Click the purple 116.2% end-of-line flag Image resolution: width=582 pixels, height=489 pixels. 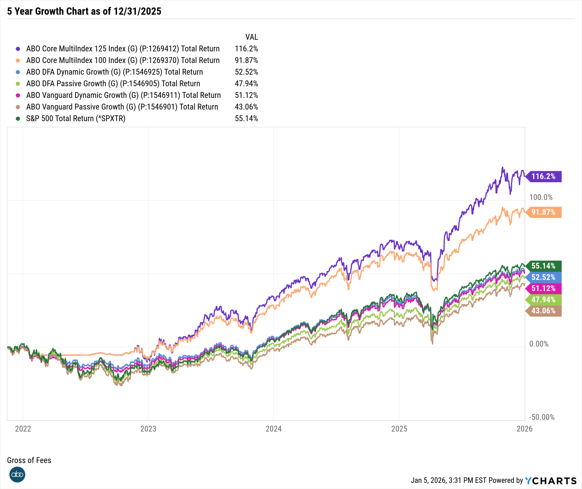click(544, 177)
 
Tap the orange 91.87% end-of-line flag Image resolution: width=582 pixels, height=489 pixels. click(544, 212)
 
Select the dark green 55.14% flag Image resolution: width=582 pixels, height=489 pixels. click(544, 266)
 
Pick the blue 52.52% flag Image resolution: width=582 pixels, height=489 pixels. click(544, 277)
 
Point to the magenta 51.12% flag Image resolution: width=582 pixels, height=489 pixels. click(544, 288)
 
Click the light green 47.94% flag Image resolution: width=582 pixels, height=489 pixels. click(544, 300)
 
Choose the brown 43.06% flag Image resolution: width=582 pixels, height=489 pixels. click(544, 311)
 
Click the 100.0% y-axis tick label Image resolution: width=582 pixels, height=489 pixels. click(541, 197)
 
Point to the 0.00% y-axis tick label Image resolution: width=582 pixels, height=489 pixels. click(539, 344)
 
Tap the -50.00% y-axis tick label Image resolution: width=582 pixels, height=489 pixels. click(542, 417)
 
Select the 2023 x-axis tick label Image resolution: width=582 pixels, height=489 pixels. click(148, 429)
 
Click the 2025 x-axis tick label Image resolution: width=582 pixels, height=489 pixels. click(399, 429)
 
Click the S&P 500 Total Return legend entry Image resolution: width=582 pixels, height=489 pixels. click(76, 118)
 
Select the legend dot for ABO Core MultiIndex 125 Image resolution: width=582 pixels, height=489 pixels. click(18, 49)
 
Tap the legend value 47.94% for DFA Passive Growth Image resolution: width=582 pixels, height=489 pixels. click(246, 83)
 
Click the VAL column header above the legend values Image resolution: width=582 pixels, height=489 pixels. click(251, 37)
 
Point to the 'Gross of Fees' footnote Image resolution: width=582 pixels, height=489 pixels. click(29, 460)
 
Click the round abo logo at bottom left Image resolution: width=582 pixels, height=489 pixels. click(17, 474)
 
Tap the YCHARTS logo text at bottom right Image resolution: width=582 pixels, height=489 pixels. click(551, 481)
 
